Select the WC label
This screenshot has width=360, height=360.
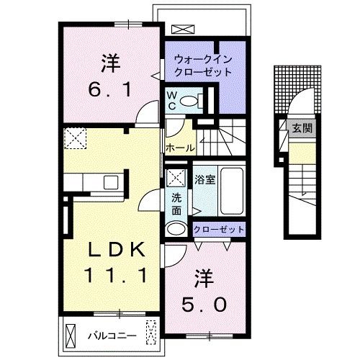point(173,99)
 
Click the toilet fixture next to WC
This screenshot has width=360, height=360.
point(191,102)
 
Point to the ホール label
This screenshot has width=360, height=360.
point(179,148)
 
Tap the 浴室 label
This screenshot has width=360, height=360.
point(204,180)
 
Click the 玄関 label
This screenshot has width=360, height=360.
point(302,130)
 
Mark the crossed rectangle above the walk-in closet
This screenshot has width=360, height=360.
point(183,30)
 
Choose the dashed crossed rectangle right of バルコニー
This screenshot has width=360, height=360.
point(150,333)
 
